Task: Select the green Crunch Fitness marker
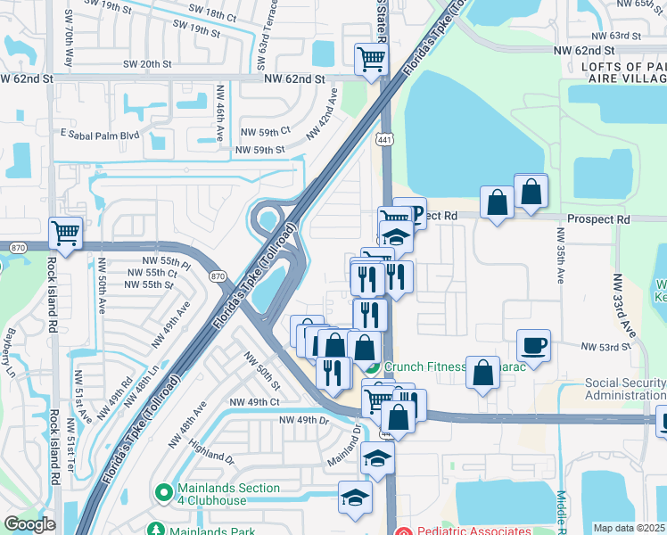point(373,366)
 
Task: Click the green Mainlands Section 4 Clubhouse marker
point(163,490)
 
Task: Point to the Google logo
point(29,524)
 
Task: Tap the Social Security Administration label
point(625,390)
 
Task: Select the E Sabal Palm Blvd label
point(100,135)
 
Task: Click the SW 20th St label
point(143,64)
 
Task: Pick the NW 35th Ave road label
point(561,257)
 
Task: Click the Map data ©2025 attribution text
point(629,528)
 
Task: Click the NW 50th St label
point(263,371)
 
